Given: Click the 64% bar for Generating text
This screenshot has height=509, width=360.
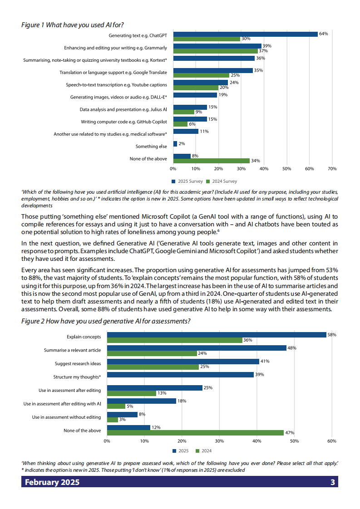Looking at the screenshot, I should tap(245, 34).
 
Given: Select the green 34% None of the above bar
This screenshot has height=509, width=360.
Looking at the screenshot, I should tap(212, 161).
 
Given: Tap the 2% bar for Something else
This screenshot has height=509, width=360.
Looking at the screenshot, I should tap(175, 144).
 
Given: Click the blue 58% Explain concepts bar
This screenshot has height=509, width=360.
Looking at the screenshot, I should tap(217, 335).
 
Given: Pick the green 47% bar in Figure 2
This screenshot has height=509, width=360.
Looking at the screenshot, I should tap(195, 433).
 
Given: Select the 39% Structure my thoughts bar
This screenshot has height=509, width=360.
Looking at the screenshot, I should tap(180, 375).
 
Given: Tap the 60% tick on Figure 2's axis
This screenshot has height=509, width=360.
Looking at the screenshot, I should tap(331, 440).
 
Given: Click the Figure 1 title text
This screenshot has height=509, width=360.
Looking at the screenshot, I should tap(73, 25).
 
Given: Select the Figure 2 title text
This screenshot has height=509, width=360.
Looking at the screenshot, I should tap(106, 321).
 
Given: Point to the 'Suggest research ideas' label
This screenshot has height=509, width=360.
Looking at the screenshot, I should tap(78, 363).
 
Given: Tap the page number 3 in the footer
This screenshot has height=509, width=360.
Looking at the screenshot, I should tap(333, 482).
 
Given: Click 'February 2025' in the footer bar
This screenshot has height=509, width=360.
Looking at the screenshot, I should tap(52, 482).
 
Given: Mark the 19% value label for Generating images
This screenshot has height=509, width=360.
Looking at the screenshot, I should tap(223, 95).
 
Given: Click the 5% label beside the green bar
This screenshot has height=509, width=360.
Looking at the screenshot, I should tap(130, 406).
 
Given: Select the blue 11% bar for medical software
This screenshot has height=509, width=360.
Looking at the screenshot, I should tap(186, 132).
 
